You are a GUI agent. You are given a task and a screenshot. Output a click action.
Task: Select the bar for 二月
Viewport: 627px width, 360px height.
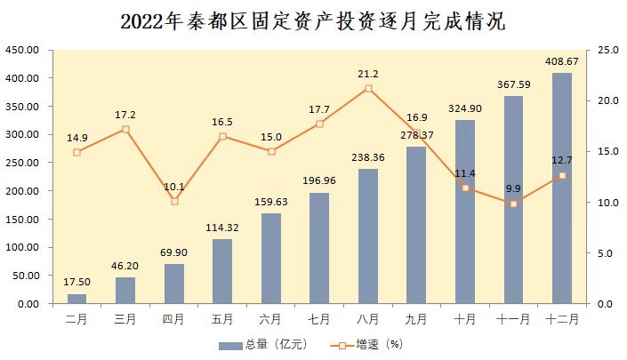[x=77, y=299]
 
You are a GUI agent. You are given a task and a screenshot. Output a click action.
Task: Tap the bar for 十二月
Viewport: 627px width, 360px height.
[x=562, y=188]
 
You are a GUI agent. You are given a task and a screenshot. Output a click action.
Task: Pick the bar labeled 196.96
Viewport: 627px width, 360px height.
[x=319, y=248]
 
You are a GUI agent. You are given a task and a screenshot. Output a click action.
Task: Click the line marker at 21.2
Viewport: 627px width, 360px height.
[x=368, y=88]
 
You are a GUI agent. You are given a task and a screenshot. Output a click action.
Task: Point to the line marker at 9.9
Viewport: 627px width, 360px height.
[x=513, y=204]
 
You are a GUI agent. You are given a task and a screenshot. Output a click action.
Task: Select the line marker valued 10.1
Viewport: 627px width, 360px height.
[x=174, y=201]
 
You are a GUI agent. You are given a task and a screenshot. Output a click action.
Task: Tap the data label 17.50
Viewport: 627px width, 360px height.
[x=77, y=283]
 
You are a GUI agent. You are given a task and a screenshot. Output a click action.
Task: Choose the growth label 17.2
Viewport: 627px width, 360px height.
[x=125, y=116]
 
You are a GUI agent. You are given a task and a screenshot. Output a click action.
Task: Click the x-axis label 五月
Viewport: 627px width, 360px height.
[x=222, y=317]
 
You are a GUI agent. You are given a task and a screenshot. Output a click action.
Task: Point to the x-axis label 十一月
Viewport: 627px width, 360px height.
[x=513, y=317]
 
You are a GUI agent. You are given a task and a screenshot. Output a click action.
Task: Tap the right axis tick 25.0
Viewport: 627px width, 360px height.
[x=607, y=50]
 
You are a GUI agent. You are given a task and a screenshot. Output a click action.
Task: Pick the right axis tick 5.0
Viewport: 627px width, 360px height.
[x=605, y=253]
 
